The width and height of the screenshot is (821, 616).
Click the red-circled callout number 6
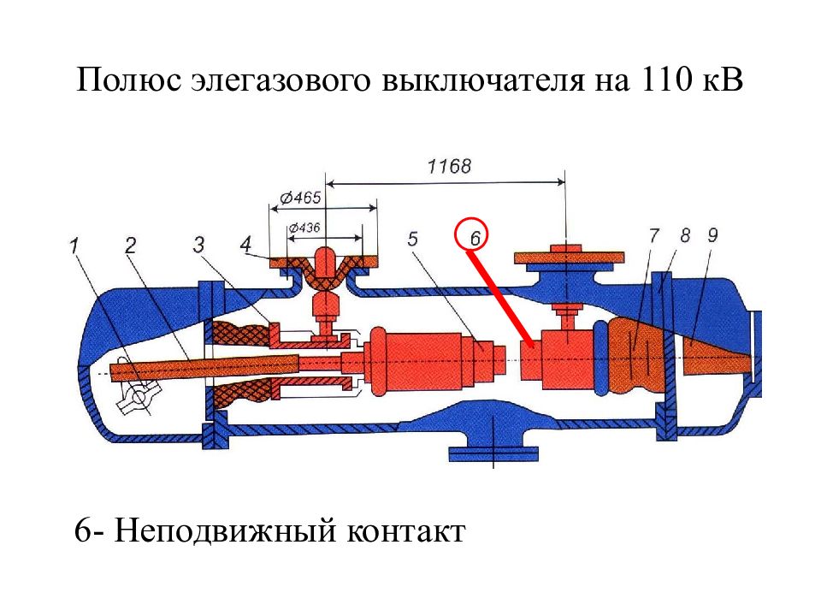[475, 239]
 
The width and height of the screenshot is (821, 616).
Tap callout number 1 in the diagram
[74, 245]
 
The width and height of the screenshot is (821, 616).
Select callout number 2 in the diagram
[130, 245]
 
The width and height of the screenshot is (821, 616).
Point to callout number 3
[198, 245]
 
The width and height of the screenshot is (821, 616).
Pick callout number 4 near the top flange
[245, 244]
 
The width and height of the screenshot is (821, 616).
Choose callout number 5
[412, 239]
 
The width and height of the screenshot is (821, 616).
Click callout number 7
[653, 236]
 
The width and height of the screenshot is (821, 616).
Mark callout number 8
[685, 236]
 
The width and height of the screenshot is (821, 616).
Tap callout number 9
[712, 236]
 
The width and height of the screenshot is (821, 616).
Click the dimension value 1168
[449, 167]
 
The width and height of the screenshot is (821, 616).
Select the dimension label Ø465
[300, 198]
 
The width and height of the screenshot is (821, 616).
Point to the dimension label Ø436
[304, 228]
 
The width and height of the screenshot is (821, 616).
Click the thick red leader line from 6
[500, 299]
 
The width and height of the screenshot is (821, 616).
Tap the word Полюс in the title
[129, 81]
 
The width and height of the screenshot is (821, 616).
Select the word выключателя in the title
[482, 81]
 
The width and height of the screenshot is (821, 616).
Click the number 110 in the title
[664, 80]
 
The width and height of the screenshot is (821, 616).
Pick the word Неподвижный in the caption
[225, 530]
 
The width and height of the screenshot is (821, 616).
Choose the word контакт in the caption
[405, 531]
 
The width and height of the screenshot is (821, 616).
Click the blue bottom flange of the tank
[493, 453]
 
